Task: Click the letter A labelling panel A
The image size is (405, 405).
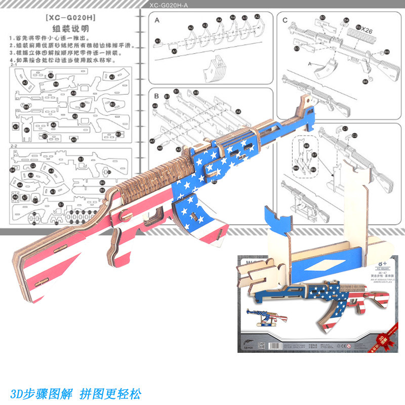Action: [x=157, y=20]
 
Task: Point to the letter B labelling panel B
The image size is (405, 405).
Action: [x=157, y=95]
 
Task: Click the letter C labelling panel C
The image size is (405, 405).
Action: [x=286, y=20]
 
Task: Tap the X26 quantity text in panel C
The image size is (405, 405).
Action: [x=368, y=30]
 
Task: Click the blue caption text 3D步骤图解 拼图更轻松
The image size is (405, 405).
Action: [x=75, y=393]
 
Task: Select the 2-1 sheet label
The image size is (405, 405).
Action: [x=14, y=65]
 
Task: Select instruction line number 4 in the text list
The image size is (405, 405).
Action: [x=56, y=60]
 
